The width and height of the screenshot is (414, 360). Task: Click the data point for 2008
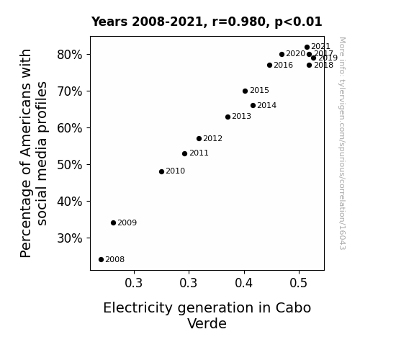click(x=101, y=260)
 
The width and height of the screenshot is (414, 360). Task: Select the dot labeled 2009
click(x=113, y=223)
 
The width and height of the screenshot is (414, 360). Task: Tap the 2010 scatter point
click(x=161, y=171)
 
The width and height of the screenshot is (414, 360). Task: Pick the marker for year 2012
click(x=199, y=139)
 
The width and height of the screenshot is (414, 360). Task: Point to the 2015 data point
click(x=245, y=91)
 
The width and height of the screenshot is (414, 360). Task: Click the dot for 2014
click(x=253, y=106)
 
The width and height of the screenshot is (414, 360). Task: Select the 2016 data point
click(x=269, y=66)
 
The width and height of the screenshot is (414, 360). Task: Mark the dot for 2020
click(x=282, y=55)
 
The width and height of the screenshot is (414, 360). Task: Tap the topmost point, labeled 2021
click(x=307, y=48)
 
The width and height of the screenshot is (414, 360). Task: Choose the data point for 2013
click(x=228, y=117)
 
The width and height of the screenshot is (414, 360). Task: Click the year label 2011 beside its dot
click(x=199, y=153)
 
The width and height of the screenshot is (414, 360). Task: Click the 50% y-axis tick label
click(x=69, y=165)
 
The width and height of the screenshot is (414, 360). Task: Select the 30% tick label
click(x=69, y=238)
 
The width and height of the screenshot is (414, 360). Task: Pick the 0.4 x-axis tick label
click(x=243, y=283)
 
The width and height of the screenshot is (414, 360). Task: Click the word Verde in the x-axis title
click(x=207, y=323)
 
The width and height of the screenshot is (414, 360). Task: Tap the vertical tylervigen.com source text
click(x=342, y=143)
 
